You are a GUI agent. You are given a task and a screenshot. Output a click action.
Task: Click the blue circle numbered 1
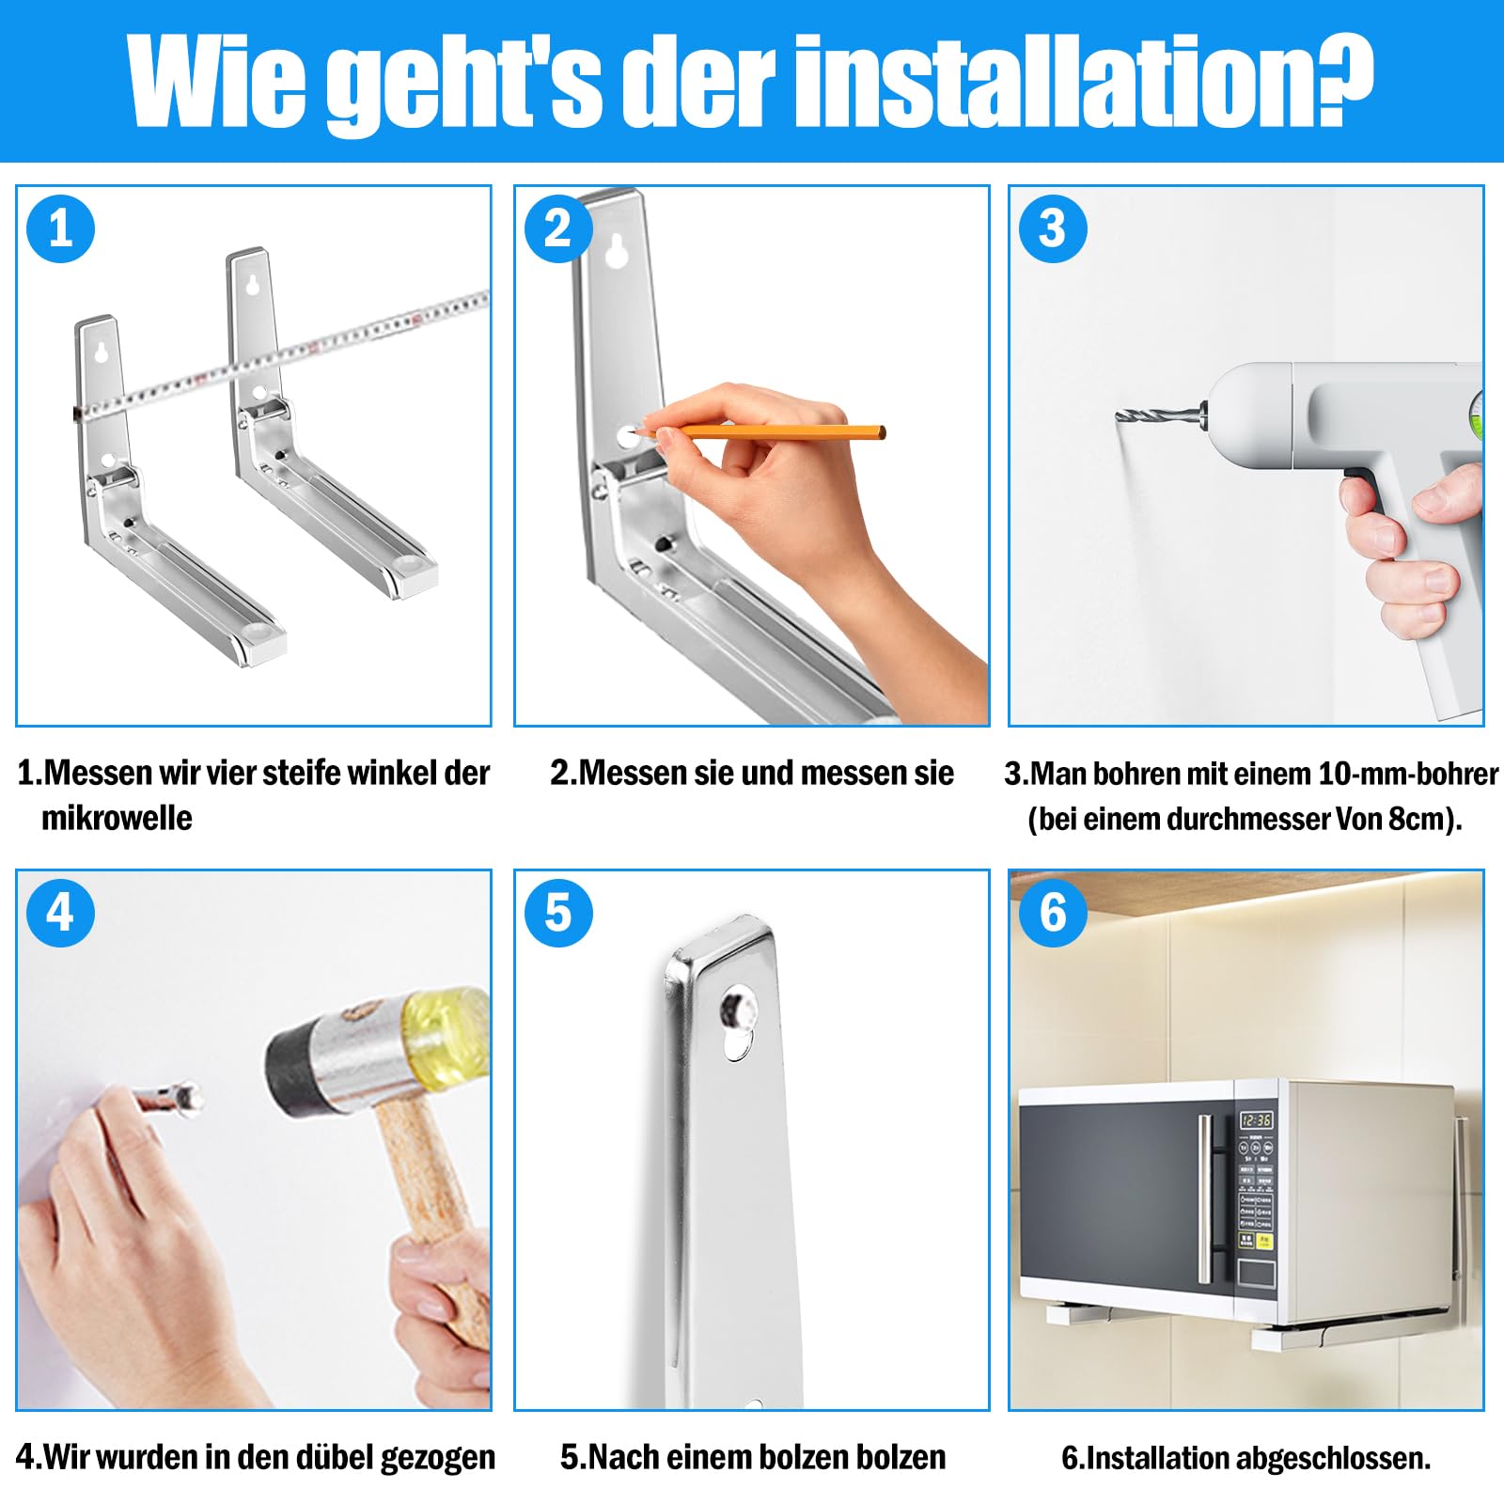click(61, 228)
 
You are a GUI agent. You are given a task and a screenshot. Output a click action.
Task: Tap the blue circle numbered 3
click(1053, 228)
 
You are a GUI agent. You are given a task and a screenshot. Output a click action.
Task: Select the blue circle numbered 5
click(558, 913)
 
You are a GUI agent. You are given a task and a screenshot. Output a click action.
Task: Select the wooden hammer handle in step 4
click(432, 1222)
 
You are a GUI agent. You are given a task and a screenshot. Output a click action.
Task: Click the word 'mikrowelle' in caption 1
click(117, 818)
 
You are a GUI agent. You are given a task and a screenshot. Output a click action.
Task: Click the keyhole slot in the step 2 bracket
click(617, 251)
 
